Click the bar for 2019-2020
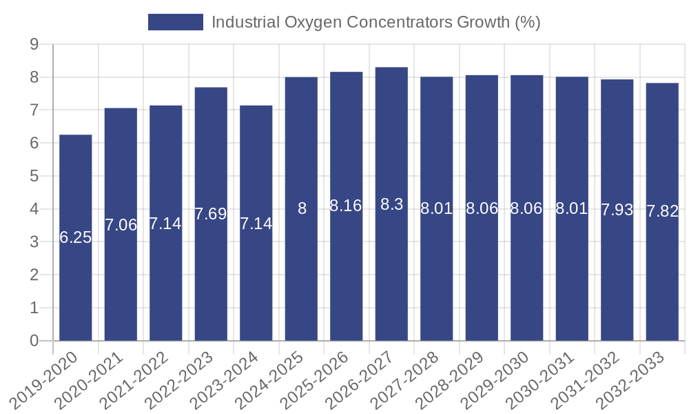coord(76,237)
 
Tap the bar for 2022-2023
coord(211,214)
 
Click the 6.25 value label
coord(76,238)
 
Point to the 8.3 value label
coord(391,205)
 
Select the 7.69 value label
coord(211,214)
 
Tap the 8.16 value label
coord(346,206)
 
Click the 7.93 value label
coord(617,210)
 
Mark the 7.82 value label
coord(662,212)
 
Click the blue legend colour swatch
coord(176,22)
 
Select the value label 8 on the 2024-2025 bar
coord(302,208)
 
